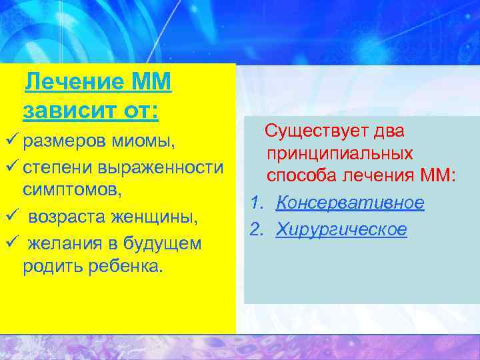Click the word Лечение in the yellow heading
click(x=73, y=83)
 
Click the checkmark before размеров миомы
click(x=10, y=141)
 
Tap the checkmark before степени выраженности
click(x=10, y=167)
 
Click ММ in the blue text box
click(x=439, y=177)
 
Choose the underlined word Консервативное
click(x=349, y=203)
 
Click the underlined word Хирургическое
click(x=341, y=229)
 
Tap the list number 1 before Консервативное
click(x=256, y=203)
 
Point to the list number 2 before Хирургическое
click(x=256, y=229)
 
